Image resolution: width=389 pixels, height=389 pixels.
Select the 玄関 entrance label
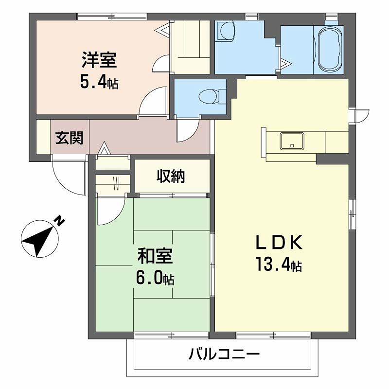[x=69, y=138]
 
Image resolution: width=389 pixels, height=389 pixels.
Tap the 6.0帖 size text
[x=155, y=279]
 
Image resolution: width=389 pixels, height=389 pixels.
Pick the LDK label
[x=280, y=242]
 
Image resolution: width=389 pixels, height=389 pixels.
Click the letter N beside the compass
[x=59, y=221]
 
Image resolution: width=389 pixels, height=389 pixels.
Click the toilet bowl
[x=208, y=96]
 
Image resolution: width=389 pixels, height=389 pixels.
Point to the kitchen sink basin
[x=292, y=141]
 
